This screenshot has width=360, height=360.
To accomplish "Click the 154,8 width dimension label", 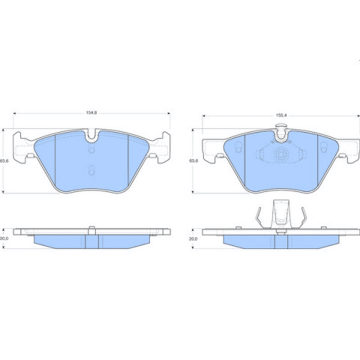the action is point(91,113).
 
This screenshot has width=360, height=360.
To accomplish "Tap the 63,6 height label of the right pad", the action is point(193,161).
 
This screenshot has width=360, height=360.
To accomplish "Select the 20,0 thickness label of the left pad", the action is point(4,238).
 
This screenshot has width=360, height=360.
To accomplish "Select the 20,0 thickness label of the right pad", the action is point(193,239).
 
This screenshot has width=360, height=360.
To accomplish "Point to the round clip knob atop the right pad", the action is point(281,126).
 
